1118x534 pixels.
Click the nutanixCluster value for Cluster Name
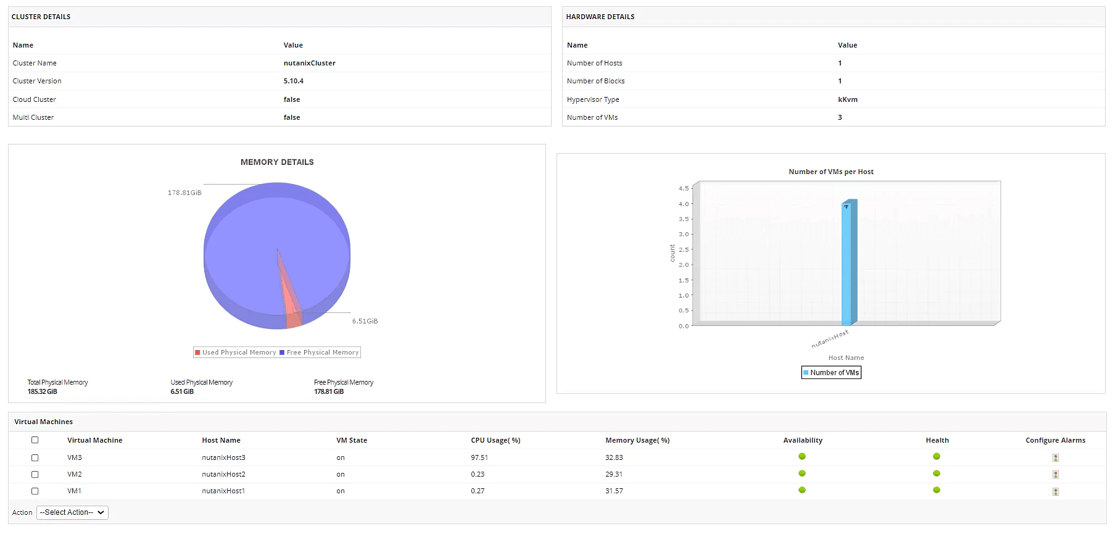click(309, 63)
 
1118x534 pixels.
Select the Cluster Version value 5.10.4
click(293, 81)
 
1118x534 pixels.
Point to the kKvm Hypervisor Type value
click(847, 99)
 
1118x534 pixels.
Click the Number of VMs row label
click(592, 117)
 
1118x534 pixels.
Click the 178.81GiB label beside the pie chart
click(184, 193)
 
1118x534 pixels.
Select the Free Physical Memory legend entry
click(319, 353)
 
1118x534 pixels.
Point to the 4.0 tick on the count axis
click(684, 204)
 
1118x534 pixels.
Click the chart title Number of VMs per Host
click(830, 172)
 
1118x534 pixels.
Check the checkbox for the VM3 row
click(35, 457)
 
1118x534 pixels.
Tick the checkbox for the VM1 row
click(35, 491)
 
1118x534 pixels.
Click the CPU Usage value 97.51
click(479, 457)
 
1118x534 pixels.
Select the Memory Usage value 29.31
click(613, 474)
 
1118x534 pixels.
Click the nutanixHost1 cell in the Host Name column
click(223, 491)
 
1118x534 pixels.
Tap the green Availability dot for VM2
click(802, 474)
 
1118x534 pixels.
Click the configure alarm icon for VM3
click(1056, 457)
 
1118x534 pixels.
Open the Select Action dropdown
click(72, 512)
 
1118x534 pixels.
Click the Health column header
click(937, 440)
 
